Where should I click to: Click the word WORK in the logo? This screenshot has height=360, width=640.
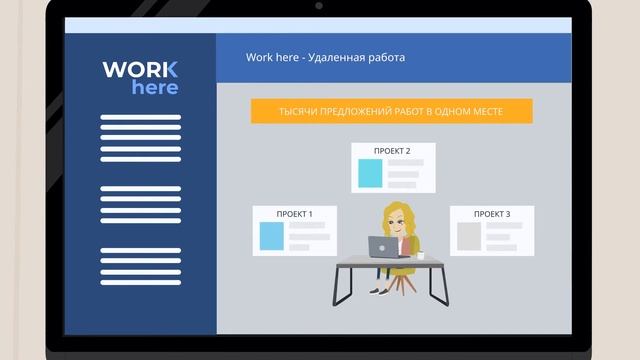click(140, 70)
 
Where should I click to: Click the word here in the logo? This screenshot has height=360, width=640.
click(155, 88)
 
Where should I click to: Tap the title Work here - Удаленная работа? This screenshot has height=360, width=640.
click(325, 57)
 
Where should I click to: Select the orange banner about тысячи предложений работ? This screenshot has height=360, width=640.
click(391, 111)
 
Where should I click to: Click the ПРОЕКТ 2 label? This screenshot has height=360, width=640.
click(392, 151)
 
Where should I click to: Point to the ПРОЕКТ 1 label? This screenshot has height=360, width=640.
click(295, 214)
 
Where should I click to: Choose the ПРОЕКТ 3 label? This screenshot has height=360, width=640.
click(491, 214)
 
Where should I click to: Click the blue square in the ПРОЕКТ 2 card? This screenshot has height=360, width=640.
click(371, 173)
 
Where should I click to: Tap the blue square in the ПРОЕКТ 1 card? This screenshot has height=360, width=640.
click(272, 236)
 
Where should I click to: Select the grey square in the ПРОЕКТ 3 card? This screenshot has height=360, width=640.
click(469, 236)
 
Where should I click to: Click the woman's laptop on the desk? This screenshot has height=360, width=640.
click(383, 246)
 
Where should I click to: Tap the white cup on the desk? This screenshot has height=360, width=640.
click(421, 255)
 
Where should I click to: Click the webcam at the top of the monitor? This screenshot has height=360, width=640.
click(319, 6)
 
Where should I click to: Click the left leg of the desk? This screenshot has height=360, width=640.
click(341, 285)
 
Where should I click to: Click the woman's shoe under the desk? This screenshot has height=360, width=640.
click(376, 291)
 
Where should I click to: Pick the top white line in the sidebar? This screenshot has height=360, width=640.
click(141, 118)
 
